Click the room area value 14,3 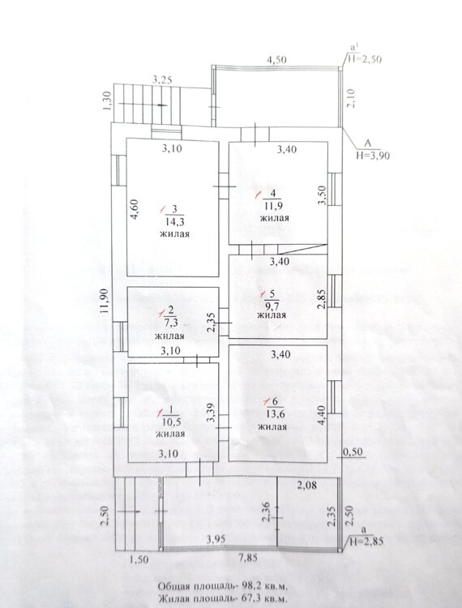tap(174, 222)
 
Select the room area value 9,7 tap(274, 305)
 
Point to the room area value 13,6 tap(276, 413)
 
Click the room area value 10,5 tap(171, 422)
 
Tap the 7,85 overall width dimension tap(248, 558)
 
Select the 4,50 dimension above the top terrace tap(276, 60)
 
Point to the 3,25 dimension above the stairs tap(162, 80)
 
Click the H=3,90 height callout tap(373, 156)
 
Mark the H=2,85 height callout tap(366, 541)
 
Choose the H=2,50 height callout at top tap(364, 59)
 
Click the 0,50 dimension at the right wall tap(353, 452)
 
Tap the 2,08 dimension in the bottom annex tap(307, 484)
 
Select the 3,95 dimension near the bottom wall tap(216, 539)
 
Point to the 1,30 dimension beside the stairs tap(107, 101)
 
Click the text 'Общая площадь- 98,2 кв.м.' tap(222, 584)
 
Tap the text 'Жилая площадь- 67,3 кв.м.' tap(222, 598)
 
